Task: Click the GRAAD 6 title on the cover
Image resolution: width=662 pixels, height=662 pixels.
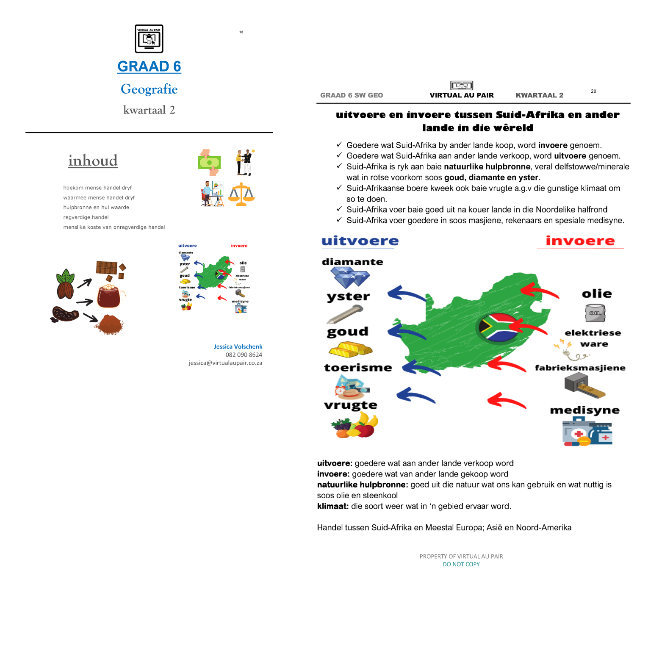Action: click(149, 66)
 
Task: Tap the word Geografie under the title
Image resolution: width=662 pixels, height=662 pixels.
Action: click(149, 89)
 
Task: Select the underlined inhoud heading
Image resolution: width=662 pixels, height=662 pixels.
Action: click(93, 161)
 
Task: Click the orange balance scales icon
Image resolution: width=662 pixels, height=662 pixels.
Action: click(241, 194)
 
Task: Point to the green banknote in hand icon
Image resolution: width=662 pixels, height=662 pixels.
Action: click(210, 162)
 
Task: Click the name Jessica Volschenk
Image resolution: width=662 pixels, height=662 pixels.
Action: click(238, 346)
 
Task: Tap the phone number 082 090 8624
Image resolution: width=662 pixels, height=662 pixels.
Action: click(244, 355)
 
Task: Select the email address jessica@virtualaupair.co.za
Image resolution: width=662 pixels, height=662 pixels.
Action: click(225, 363)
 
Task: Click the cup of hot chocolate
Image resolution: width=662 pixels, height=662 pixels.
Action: click(109, 296)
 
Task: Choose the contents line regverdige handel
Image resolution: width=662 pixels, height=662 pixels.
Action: click(86, 217)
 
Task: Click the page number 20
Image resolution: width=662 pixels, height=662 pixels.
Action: click(593, 91)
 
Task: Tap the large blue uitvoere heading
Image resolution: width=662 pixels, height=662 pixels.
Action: click(360, 241)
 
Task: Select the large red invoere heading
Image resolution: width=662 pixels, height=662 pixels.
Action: click(580, 241)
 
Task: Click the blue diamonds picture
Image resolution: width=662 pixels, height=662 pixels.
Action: click(350, 277)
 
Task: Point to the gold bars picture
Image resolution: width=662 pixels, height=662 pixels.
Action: click(350, 350)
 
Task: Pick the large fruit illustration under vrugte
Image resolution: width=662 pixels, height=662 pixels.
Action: click(355, 425)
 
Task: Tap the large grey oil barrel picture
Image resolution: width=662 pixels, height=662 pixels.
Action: click(595, 313)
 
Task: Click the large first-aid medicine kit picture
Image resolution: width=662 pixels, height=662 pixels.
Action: click(587, 432)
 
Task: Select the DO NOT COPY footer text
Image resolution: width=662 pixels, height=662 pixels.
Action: click(461, 564)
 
